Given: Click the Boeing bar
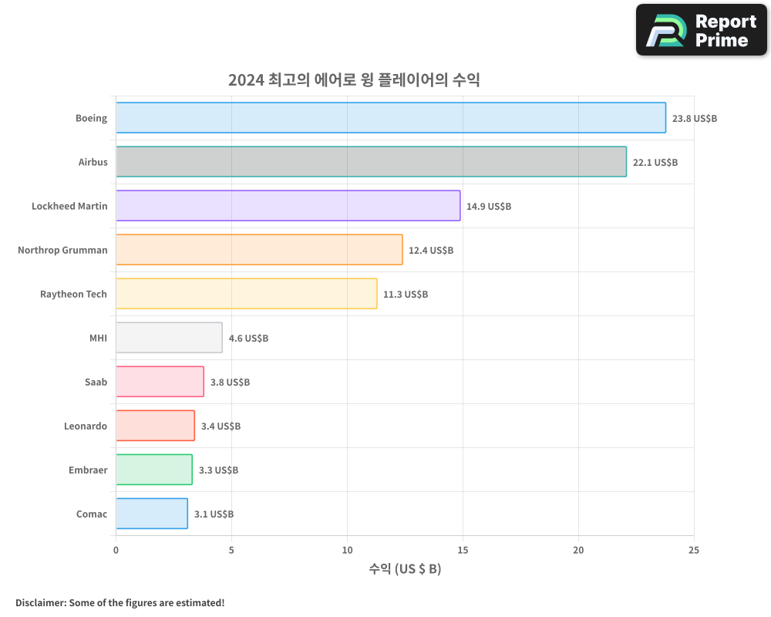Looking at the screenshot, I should coord(391,118).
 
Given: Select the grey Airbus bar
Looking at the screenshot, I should coord(371,162).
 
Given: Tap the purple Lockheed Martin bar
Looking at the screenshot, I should coord(288,206).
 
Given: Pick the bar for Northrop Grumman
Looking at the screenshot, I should coord(259,250).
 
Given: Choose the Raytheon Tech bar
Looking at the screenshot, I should coord(246,294).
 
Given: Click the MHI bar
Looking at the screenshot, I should coord(169,338).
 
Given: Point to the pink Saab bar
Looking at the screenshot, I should coord(160,382).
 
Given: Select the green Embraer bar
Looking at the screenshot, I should coord(153,470).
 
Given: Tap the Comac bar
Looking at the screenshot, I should coord(151,514).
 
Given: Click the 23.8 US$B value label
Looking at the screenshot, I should coord(695,119).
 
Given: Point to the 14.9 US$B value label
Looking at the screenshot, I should coord(489,207).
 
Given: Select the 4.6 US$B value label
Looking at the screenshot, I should coord(248,339).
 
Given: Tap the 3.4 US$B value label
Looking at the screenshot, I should coord(221,427).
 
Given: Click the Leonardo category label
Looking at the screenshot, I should coord(86,426).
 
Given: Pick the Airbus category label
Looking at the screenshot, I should coord(93,162).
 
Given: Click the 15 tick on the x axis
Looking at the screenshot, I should coord(463,550).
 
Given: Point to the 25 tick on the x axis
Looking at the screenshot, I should coord(694,550).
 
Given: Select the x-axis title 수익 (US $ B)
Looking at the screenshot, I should coord(405,569).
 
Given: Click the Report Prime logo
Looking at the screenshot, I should coord(701,30).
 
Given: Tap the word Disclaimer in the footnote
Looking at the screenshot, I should coord(39,602).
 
